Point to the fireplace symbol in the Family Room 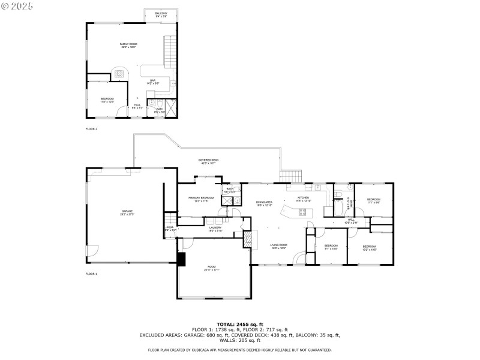click(119, 74)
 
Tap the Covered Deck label click(209, 161)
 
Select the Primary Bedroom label click(201, 199)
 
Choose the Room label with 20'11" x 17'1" click(212, 268)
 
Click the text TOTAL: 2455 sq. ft click(239, 324)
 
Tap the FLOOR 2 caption click(91, 129)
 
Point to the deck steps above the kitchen click(292, 176)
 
